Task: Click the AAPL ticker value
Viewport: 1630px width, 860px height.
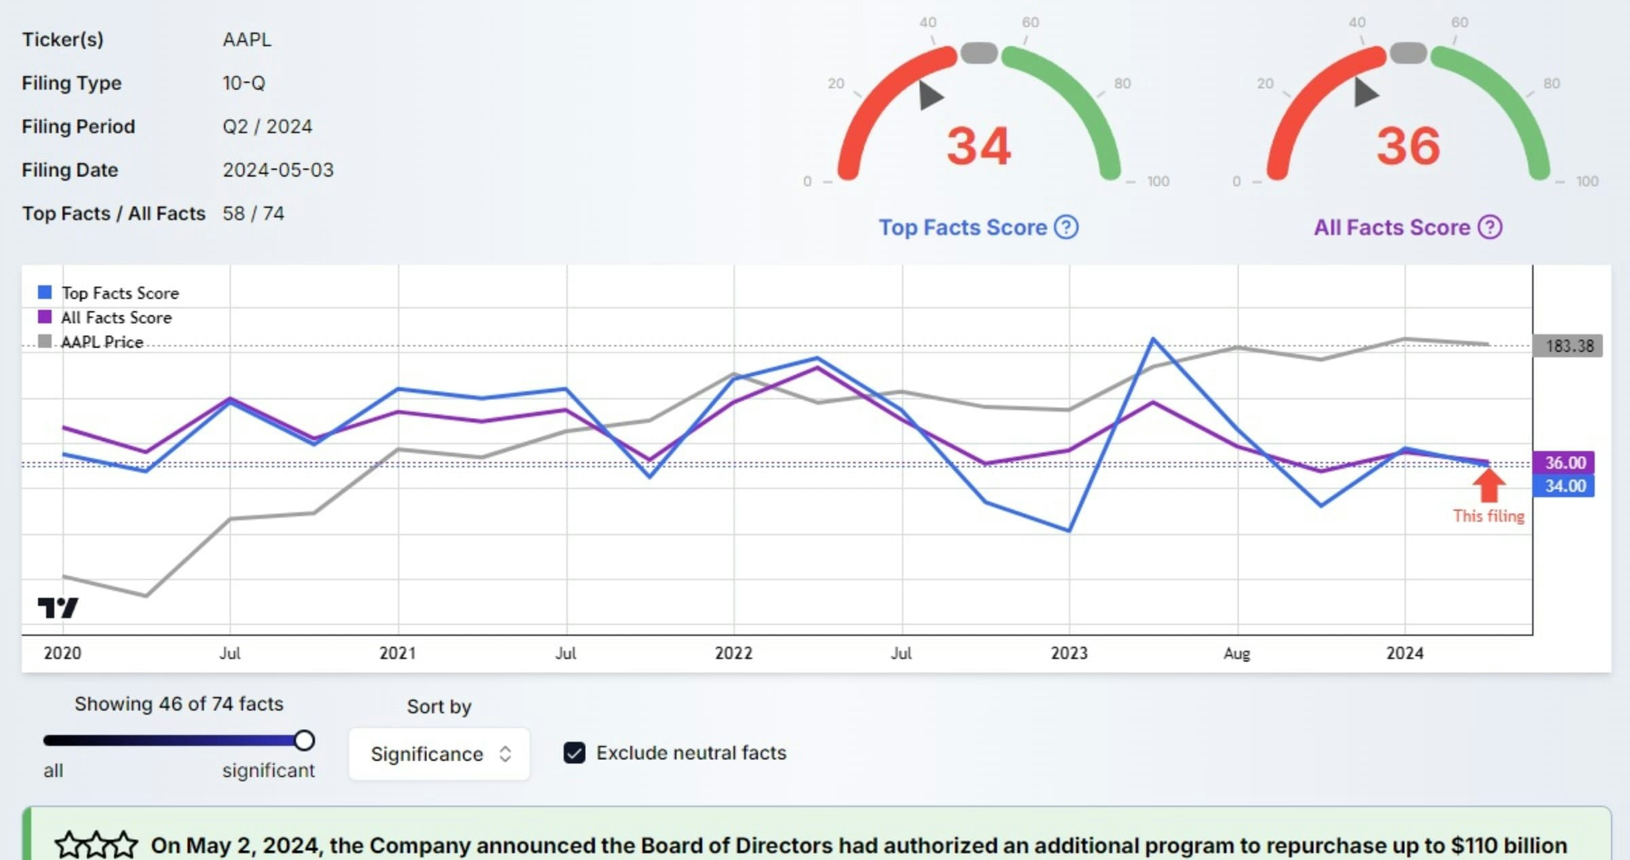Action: point(247,39)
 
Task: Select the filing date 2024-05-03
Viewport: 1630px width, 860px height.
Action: point(278,170)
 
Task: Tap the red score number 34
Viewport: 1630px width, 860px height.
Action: point(979,147)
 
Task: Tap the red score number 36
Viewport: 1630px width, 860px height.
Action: point(1408,147)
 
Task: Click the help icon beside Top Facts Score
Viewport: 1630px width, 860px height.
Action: point(1066,227)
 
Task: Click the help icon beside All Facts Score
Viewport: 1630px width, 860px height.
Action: point(1490,227)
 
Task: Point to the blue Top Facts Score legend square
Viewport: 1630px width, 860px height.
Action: point(45,292)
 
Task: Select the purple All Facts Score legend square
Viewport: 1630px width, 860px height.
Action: point(45,317)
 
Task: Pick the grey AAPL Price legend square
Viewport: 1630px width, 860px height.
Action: point(45,341)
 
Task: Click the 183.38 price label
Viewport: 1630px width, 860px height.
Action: point(1569,346)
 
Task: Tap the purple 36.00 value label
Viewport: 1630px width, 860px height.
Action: point(1565,463)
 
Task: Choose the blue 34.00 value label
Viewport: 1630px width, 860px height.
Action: point(1565,486)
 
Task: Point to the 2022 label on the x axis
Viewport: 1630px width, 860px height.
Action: point(733,653)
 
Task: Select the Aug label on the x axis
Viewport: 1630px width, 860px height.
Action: point(1237,653)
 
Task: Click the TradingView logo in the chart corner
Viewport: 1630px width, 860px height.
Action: point(58,607)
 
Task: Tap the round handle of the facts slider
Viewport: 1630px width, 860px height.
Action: point(304,740)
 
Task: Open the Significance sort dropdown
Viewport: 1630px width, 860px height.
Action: point(439,754)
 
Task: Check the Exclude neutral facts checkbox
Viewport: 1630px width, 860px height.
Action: point(575,753)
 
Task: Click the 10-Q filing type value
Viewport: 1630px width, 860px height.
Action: point(244,83)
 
